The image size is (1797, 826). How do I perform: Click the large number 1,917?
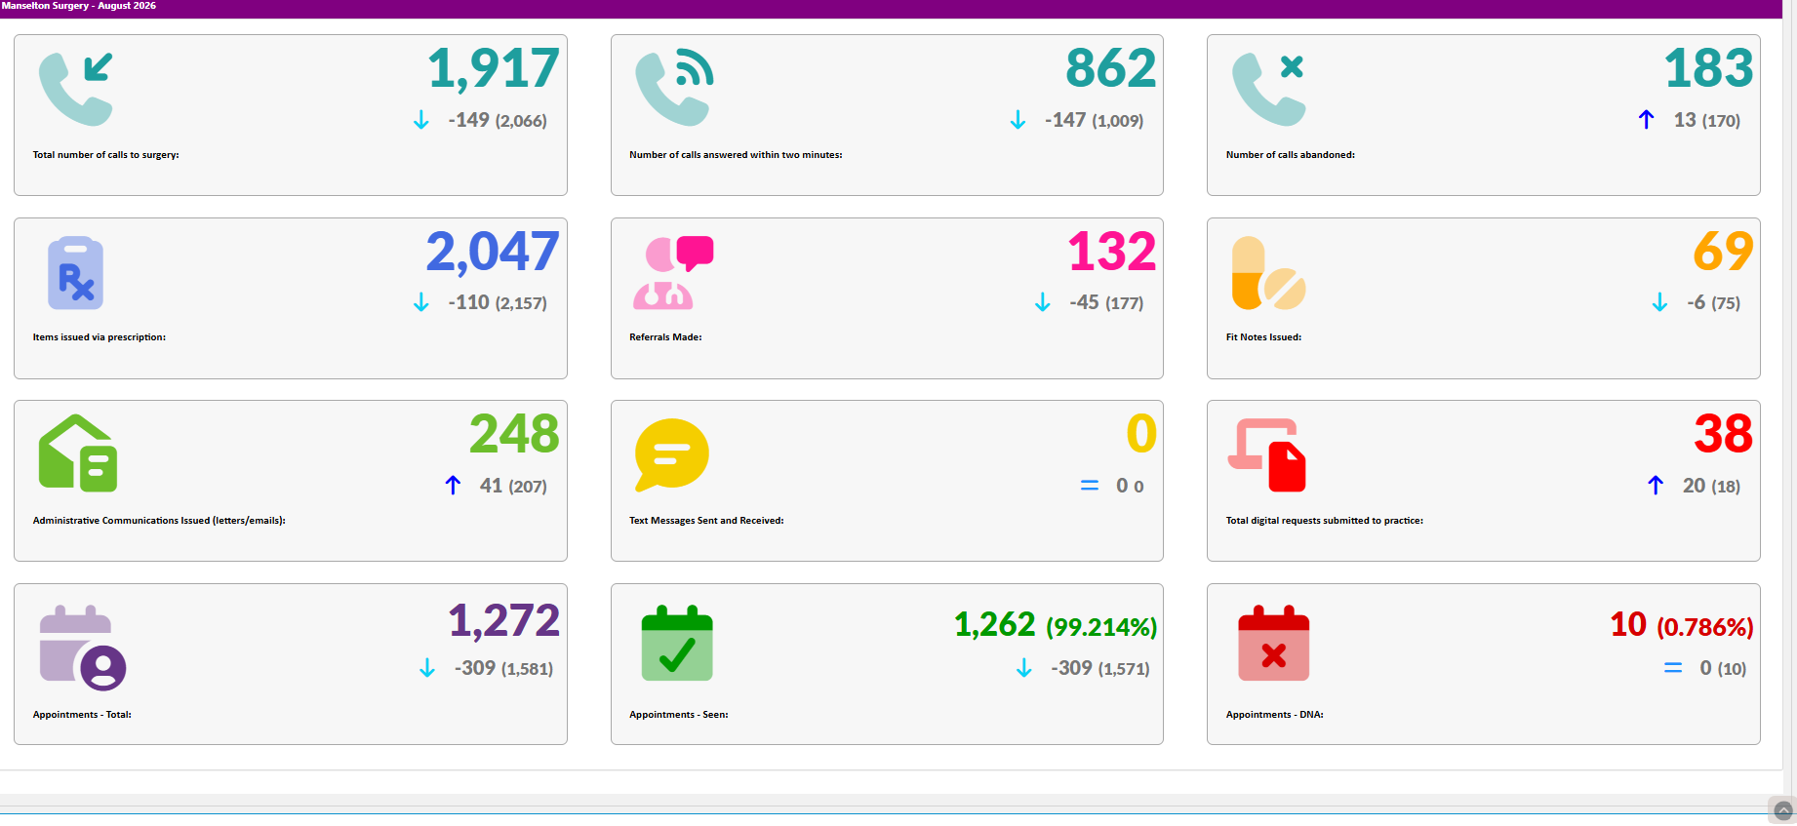[x=494, y=68]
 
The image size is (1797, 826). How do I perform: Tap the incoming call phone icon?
[x=76, y=89]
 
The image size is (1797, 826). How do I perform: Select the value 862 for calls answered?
[x=1111, y=68]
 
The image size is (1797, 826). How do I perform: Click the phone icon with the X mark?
[x=1268, y=89]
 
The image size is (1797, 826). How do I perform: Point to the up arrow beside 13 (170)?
[x=1647, y=119]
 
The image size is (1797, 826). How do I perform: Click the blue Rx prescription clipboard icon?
[x=76, y=273]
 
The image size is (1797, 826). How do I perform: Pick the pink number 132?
[x=1112, y=251]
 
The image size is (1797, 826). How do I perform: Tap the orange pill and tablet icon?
[x=1268, y=273]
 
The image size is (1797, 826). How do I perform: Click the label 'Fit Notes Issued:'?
[x=1263, y=337]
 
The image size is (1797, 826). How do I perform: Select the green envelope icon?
[x=78, y=453]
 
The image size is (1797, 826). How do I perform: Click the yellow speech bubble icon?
[x=672, y=454]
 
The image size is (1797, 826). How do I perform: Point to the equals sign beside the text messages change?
[x=1090, y=486]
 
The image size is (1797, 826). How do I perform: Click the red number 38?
[x=1724, y=434]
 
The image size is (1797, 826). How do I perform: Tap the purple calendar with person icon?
[x=83, y=648]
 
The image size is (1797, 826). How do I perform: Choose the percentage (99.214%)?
[x=1101, y=627]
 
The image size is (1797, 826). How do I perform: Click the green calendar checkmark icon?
[x=677, y=643]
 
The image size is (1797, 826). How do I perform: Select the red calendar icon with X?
[x=1273, y=643]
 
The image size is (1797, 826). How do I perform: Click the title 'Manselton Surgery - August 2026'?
[x=79, y=6]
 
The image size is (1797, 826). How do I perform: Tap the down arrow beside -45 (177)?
[x=1043, y=302]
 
